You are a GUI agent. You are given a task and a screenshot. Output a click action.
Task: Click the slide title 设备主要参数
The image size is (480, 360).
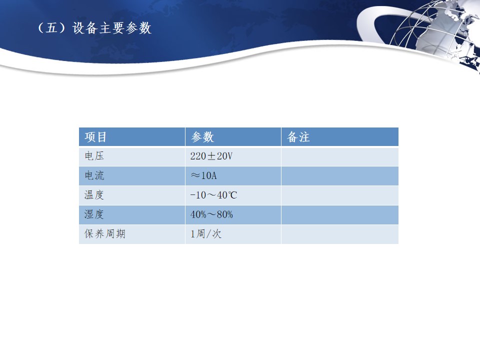point(112,28)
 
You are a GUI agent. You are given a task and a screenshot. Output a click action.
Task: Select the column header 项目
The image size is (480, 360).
point(95,137)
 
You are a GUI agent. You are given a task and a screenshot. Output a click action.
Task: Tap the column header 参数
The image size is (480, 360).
point(202,137)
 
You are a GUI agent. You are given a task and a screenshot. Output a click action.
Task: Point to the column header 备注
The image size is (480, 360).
point(298,137)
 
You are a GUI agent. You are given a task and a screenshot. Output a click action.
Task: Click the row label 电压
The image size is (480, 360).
point(94,156)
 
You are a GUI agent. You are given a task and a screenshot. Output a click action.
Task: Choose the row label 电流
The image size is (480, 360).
point(94,175)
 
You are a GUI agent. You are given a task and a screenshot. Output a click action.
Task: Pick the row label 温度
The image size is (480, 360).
point(94,195)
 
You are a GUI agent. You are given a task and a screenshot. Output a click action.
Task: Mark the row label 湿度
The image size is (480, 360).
point(94,214)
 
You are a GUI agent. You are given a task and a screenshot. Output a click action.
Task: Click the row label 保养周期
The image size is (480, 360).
point(105,234)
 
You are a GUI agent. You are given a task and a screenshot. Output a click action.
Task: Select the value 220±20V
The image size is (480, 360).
point(211,156)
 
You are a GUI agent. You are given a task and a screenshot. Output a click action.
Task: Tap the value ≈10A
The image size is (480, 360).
point(203,175)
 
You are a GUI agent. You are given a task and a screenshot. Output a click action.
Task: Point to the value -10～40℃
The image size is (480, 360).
point(213,195)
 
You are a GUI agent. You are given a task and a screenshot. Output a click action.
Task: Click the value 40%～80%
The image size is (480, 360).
point(211,214)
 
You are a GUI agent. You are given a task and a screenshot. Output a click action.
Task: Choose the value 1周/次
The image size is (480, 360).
point(205,234)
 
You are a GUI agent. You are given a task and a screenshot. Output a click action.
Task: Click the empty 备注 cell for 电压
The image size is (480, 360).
point(340,156)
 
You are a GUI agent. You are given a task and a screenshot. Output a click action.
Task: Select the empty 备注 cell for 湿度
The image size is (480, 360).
point(340,215)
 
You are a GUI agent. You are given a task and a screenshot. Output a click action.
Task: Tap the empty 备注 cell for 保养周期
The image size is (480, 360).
point(340,234)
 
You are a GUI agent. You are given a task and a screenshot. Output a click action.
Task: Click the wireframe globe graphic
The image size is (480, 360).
point(434,33)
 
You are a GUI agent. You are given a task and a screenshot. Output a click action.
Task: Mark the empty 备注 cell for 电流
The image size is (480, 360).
point(340,176)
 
